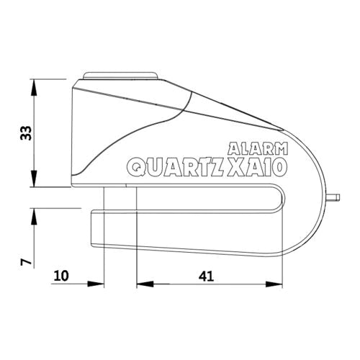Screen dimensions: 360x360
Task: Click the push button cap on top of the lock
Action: pyautogui.click(x=122, y=75)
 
